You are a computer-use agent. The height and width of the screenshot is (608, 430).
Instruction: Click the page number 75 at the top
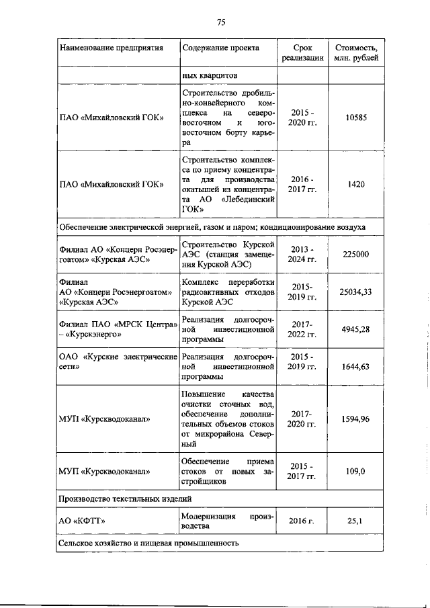[220, 22]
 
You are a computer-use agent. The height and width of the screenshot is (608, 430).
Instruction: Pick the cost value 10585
[355, 118]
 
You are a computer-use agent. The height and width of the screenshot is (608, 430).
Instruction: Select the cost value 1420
[355, 185]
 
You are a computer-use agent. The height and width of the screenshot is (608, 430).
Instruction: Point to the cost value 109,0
[355, 472]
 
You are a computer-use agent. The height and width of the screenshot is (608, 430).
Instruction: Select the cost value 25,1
[355, 521]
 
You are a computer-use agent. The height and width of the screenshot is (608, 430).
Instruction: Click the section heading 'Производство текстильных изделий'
[126, 498]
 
